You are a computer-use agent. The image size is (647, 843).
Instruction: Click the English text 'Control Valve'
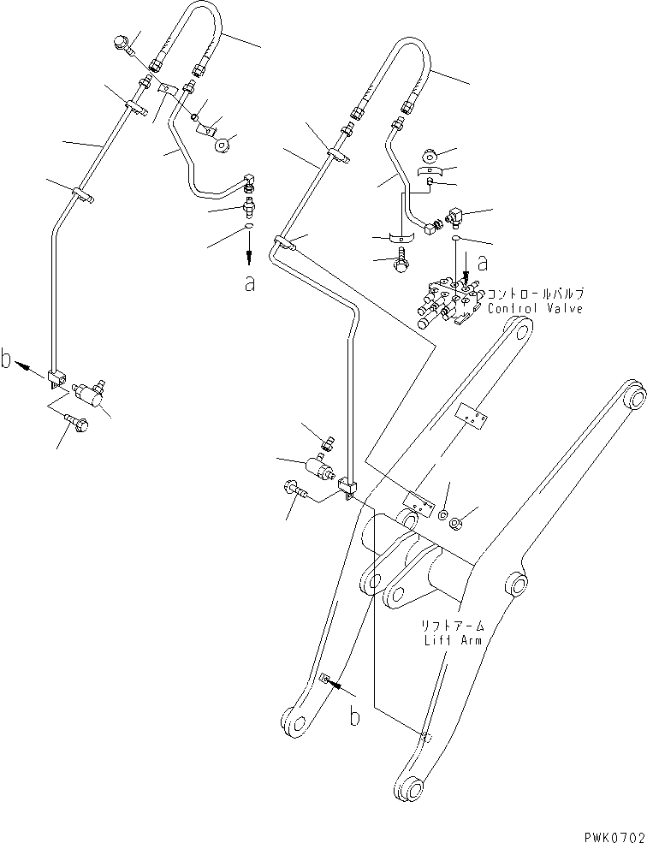pos(535,308)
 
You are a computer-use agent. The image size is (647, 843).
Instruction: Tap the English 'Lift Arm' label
pos(445,639)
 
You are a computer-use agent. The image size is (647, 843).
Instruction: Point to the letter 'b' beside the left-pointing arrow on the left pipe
pos(8,361)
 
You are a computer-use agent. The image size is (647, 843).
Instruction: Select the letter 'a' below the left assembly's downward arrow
pos(249,283)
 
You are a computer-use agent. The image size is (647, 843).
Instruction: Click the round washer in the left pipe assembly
pos(225,145)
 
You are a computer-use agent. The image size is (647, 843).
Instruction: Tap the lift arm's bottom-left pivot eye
pos(294,721)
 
